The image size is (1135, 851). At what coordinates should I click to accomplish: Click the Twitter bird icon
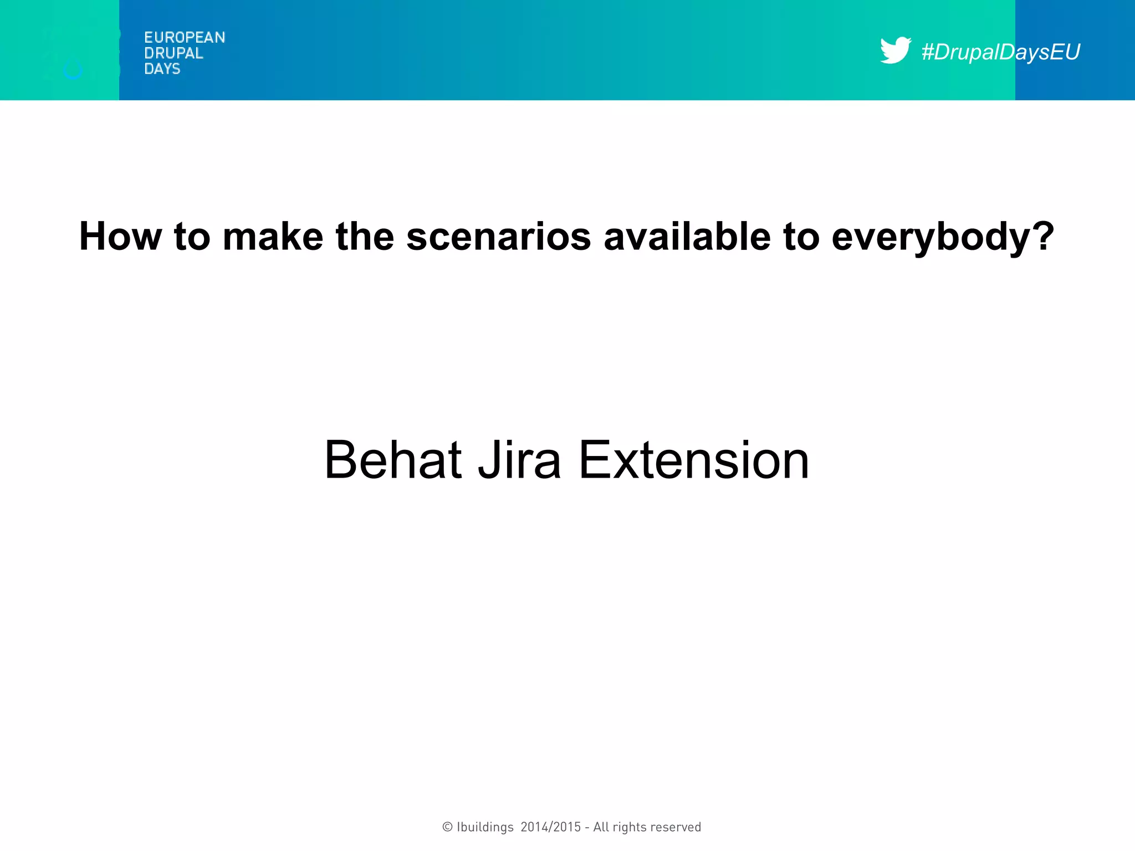click(894, 50)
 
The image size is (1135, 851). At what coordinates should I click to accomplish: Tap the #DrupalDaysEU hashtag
click(1000, 52)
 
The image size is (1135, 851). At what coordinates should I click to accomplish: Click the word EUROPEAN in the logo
click(185, 38)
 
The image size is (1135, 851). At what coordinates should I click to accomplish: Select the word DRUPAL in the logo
click(173, 53)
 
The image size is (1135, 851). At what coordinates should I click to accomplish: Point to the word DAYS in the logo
click(162, 69)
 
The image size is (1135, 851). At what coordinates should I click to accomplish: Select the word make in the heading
click(273, 237)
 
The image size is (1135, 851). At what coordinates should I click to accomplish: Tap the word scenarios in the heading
click(499, 237)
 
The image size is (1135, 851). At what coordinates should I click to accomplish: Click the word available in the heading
click(687, 237)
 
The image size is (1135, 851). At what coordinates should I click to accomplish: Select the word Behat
click(393, 460)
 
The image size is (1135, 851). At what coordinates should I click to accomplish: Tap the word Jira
click(519, 460)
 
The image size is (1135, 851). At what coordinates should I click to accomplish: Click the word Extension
click(693, 460)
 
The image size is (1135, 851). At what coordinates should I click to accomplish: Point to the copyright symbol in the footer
click(447, 827)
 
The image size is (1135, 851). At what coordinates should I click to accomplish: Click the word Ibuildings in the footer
click(485, 827)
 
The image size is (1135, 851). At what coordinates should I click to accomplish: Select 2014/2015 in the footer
click(551, 827)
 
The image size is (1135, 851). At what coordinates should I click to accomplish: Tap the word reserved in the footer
click(676, 827)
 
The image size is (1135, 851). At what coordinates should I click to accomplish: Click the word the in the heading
click(365, 237)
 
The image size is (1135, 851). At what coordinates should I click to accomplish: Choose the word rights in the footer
click(630, 827)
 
